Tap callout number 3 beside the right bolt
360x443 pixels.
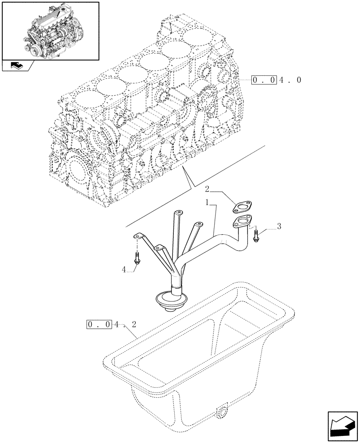tap(278, 226)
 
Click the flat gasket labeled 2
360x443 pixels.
tap(241, 206)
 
